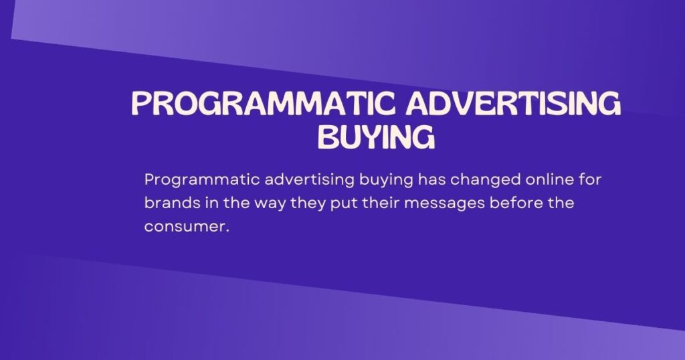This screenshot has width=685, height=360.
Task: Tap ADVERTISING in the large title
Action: tap(512, 105)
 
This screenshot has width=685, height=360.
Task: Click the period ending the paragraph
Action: tap(228, 231)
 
